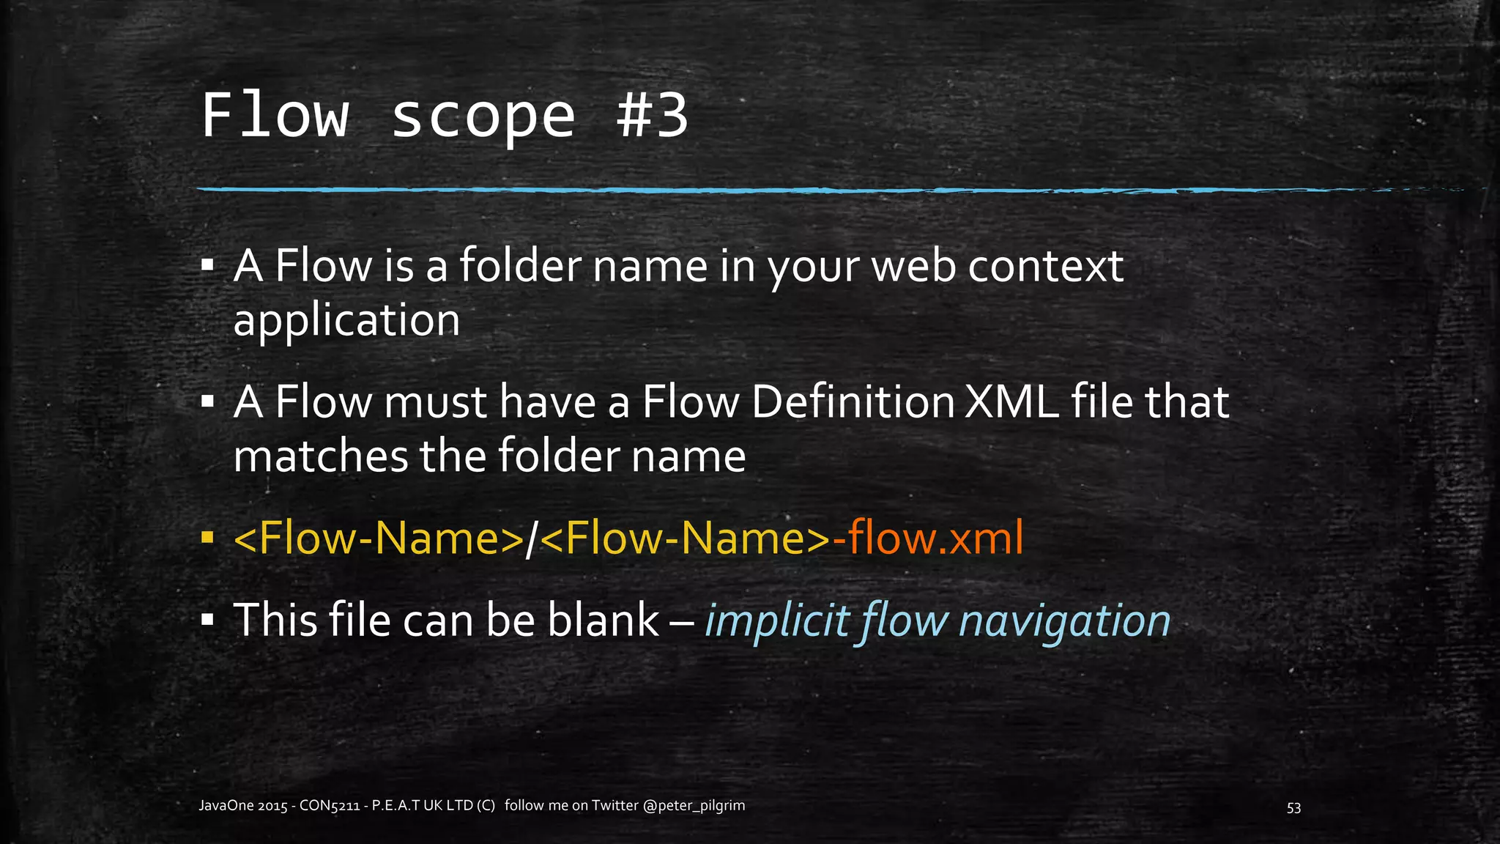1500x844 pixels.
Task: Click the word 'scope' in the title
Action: point(483,117)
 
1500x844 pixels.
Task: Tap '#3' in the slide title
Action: point(652,116)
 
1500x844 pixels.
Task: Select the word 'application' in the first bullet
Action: point(346,320)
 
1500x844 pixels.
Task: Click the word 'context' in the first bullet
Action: point(1045,266)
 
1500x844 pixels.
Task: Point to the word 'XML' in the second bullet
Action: point(1011,402)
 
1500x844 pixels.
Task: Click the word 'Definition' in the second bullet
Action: point(853,402)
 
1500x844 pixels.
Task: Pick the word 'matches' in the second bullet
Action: point(319,456)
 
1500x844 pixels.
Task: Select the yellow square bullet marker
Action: point(207,539)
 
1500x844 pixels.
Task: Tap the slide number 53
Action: point(1293,807)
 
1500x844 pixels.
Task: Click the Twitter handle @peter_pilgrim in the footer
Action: point(694,806)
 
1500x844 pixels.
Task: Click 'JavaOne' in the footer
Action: point(226,806)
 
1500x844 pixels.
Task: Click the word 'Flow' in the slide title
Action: point(275,116)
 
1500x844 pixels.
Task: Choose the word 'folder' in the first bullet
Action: point(521,266)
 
